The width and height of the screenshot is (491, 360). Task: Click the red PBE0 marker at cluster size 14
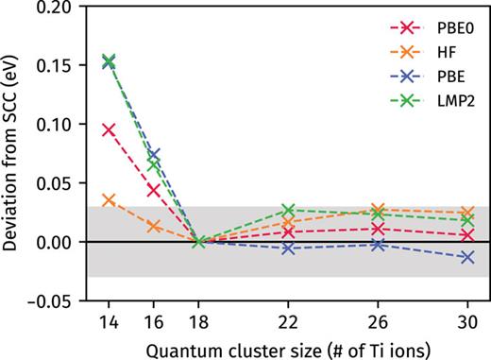click(x=109, y=129)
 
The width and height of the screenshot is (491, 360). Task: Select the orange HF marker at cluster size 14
click(x=109, y=200)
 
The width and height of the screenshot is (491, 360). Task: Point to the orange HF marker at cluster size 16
click(x=154, y=227)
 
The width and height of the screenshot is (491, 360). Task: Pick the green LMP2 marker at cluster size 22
click(x=289, y=210)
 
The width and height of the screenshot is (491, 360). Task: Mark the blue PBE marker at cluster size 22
click(x=289, y=249)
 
